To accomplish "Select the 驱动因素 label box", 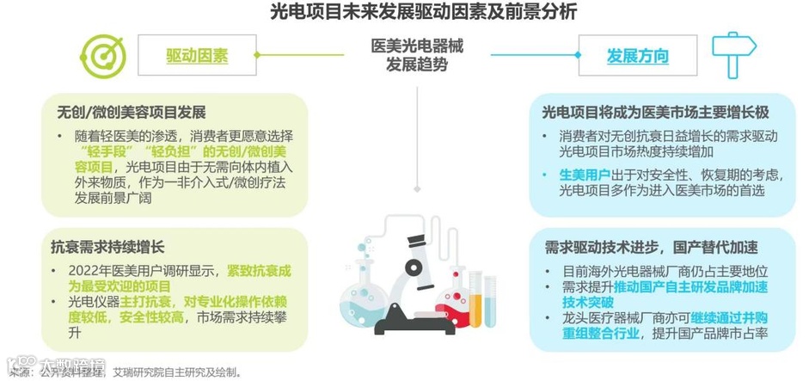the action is click(197, 57).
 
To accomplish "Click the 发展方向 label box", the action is click(637, 57).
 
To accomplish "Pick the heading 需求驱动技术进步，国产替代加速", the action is click(651, 248).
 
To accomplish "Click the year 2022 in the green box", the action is click(85, 270).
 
